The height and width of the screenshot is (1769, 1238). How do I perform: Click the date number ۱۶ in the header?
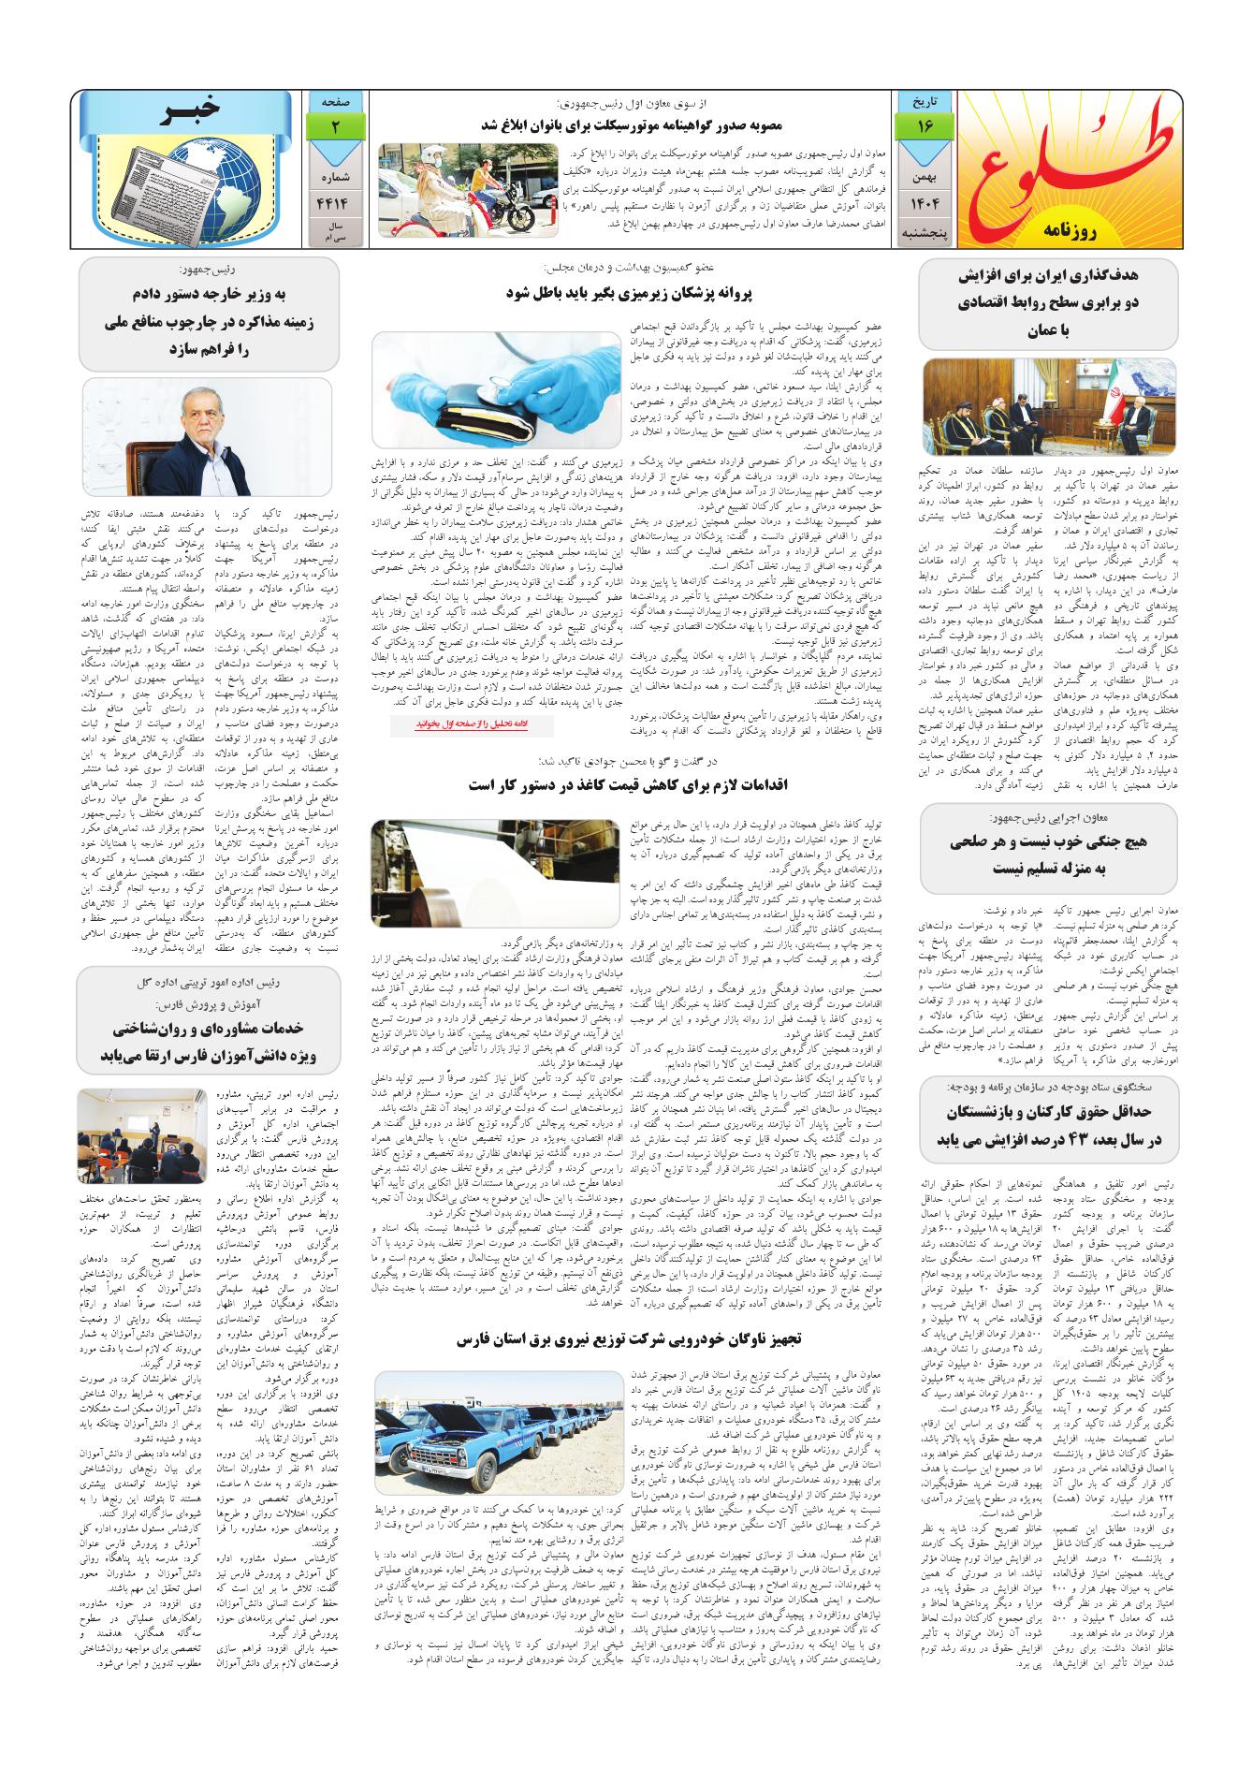[x=923, y=124]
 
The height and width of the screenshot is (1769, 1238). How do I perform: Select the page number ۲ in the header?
[x=333, y=124]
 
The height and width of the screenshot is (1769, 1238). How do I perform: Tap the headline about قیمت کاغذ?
[x=628, y=785]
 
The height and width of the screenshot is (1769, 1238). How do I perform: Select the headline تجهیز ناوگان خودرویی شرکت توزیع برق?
[x=628, y=1340]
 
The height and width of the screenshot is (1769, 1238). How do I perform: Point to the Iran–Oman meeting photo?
[x=1047, y=406]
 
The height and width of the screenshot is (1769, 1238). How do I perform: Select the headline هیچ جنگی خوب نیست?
[x=1047, y=855]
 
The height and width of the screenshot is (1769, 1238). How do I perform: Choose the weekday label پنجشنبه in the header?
[x=923, y=230]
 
